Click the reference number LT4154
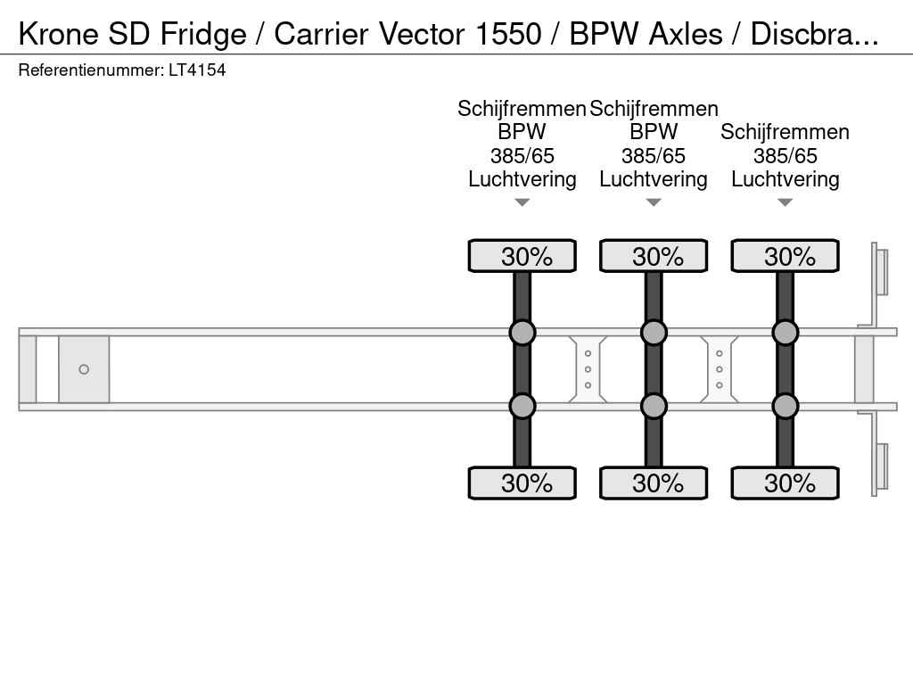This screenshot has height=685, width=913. [x=197, y=70]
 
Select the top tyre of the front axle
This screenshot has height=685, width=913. [x=522, y=256]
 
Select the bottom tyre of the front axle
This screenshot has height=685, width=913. [x=522, y=483]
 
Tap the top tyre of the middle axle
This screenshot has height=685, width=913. [x=654, y=256]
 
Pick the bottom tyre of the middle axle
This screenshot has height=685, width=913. [x=654, y=483]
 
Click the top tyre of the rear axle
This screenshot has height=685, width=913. [x=785, y=256]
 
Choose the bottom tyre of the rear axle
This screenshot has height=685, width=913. [x=785, y=483]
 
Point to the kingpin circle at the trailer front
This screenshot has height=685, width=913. [x=84, y=369]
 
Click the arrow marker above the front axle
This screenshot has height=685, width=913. [x=522, y=202]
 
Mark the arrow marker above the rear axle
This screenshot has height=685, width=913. [x=785, y=202]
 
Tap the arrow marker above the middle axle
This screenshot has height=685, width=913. [x=654, y=202]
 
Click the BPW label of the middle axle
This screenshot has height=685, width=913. [x=654, y=132]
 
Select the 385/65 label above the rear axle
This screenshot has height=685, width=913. [x=785, y=156]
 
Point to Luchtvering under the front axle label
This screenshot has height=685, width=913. [x=522, y=179]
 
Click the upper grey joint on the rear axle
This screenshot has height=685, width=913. [x=785, y=333]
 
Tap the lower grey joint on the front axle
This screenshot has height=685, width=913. [x=522, y=406]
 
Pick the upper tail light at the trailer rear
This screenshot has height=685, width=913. [x=882, y=271]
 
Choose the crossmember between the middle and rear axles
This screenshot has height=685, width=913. [x=720, y=369]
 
